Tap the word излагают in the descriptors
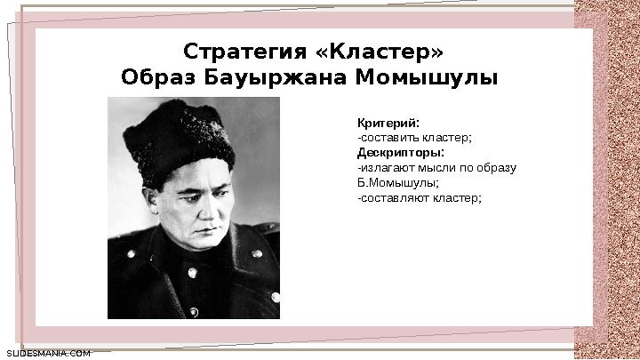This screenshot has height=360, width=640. tap(384, 167)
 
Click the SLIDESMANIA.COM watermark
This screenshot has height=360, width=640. tap(48, 353)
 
